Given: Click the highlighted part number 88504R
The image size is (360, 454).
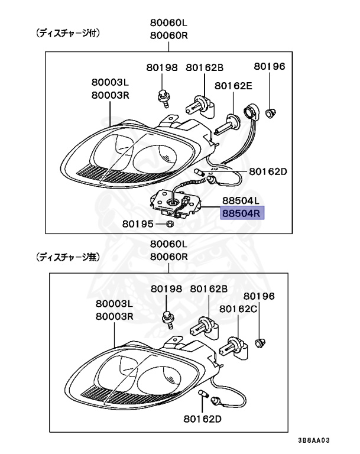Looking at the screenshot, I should pyautogui.click(x=242, y=213).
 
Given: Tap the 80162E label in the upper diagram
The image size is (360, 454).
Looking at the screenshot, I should pyautogui.click(x=233, y=86).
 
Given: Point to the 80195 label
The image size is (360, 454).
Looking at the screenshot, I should pyautogui.click(x=138, y=224).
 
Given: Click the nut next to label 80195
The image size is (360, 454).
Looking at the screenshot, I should pyautogui.click(x=168, y=224).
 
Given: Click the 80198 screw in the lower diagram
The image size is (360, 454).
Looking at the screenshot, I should pyautogui.click(x=167, y=320).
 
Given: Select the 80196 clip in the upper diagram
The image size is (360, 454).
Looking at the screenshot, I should pyautogui.click(x=270, y=112).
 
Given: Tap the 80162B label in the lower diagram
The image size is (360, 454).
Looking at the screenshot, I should pyautogui.click(x=209, y=288).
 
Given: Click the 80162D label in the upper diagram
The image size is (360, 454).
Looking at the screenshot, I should pyautogui.click(x=268, y=172).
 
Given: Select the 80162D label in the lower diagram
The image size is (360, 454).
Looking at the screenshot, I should pyautogui.click(x=202, y=420).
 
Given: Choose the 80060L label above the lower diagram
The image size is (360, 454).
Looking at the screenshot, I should pyautogui.click(x=168, y=244).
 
